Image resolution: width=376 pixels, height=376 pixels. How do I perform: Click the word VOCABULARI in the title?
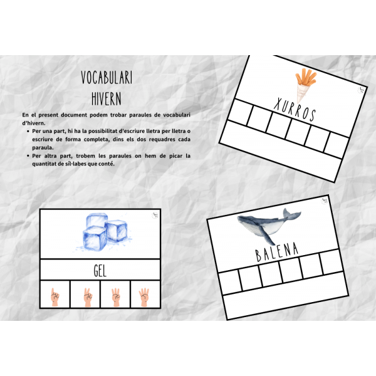(107, 78)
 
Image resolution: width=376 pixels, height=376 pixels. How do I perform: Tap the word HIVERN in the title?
(107, 98)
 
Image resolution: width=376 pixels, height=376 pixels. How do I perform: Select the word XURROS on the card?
(295, 109)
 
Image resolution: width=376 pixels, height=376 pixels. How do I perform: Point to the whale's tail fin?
(291, 214)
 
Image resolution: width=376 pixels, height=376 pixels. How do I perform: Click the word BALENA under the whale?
(276, 252)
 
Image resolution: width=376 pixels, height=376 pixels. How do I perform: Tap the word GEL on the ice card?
(100, 271)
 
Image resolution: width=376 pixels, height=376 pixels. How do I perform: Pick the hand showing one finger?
(55, 297)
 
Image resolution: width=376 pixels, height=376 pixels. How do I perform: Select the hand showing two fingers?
(88, 297)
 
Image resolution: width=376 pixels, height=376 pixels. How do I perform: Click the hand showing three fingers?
(116, 297)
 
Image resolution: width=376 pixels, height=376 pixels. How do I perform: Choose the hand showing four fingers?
(144, 297)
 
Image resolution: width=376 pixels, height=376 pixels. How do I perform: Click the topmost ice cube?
(97, 220)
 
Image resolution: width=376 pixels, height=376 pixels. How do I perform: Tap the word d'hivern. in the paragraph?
(34, 123)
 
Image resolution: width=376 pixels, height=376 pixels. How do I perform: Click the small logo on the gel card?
(155, 215)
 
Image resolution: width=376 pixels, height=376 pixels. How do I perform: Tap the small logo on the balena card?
(324, 201)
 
